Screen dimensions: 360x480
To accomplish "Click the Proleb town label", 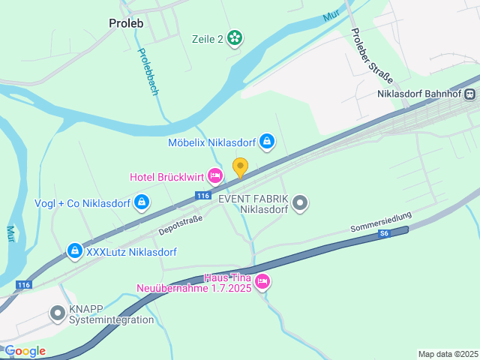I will (126, 22).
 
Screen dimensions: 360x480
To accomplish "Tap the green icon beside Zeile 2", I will (235, 37).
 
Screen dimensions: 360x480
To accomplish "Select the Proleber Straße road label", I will (367, 56).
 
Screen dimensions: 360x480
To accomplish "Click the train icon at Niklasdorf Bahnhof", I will (469, 94).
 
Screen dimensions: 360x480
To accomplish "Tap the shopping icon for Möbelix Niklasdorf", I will (267, 141).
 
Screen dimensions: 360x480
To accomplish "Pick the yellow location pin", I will (240, 167).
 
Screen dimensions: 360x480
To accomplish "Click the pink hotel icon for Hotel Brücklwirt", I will (214, 176).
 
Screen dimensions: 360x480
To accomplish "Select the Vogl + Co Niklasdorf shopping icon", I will (142, 202).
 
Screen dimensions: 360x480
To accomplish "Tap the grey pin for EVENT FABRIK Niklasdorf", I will (300, 202).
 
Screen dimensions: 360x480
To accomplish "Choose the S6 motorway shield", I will (385, 234).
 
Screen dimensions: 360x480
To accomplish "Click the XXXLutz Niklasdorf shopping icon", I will (74, 251).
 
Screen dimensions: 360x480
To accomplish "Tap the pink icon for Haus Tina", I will (262, 282).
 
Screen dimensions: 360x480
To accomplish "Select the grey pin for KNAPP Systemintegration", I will (58, 313).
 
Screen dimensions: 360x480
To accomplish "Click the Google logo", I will (25, 351).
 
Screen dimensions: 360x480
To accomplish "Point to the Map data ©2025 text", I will (448, 354).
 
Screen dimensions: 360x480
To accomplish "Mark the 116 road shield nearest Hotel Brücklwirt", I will (203, 196).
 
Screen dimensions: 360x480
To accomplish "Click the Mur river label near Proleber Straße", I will (331, 15).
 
